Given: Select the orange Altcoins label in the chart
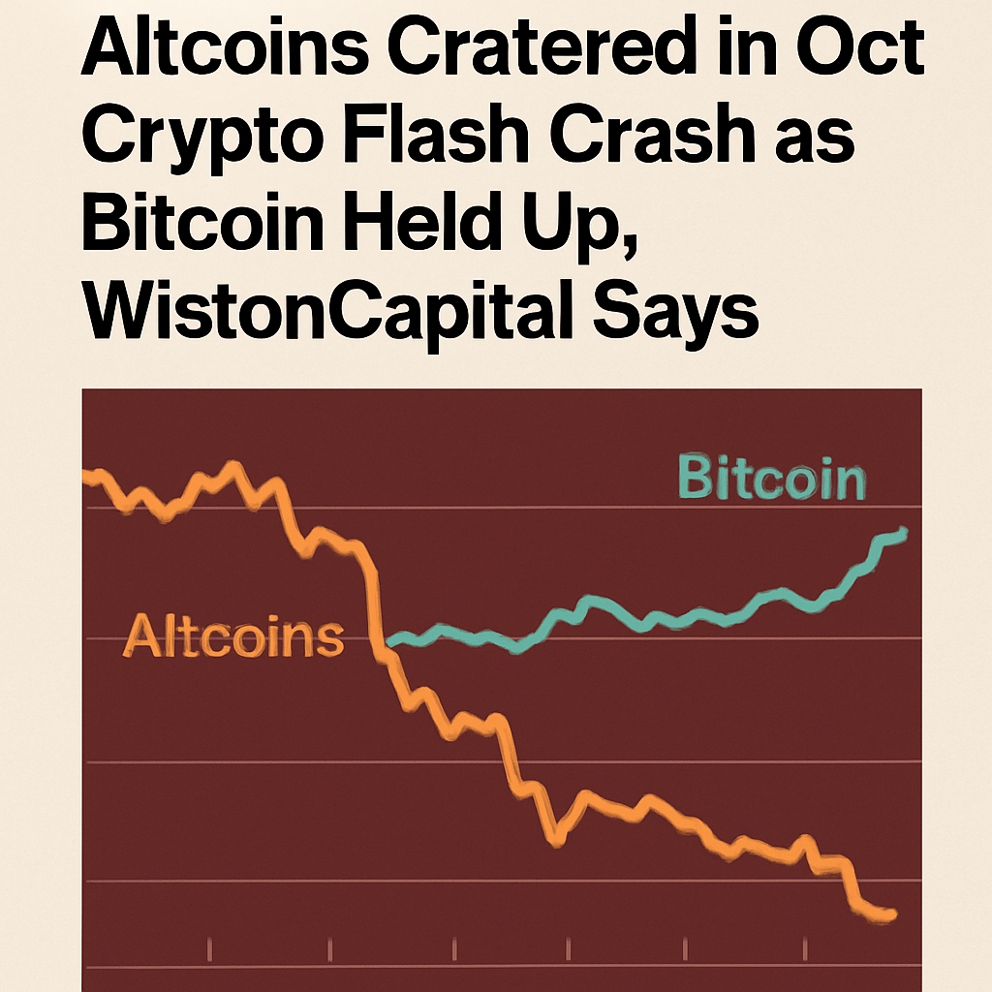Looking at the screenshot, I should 235,636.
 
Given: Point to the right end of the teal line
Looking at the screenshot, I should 904,531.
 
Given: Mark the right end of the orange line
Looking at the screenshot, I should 892,913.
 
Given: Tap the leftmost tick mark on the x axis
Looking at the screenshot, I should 211,945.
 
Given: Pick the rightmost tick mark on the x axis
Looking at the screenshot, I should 807,945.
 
